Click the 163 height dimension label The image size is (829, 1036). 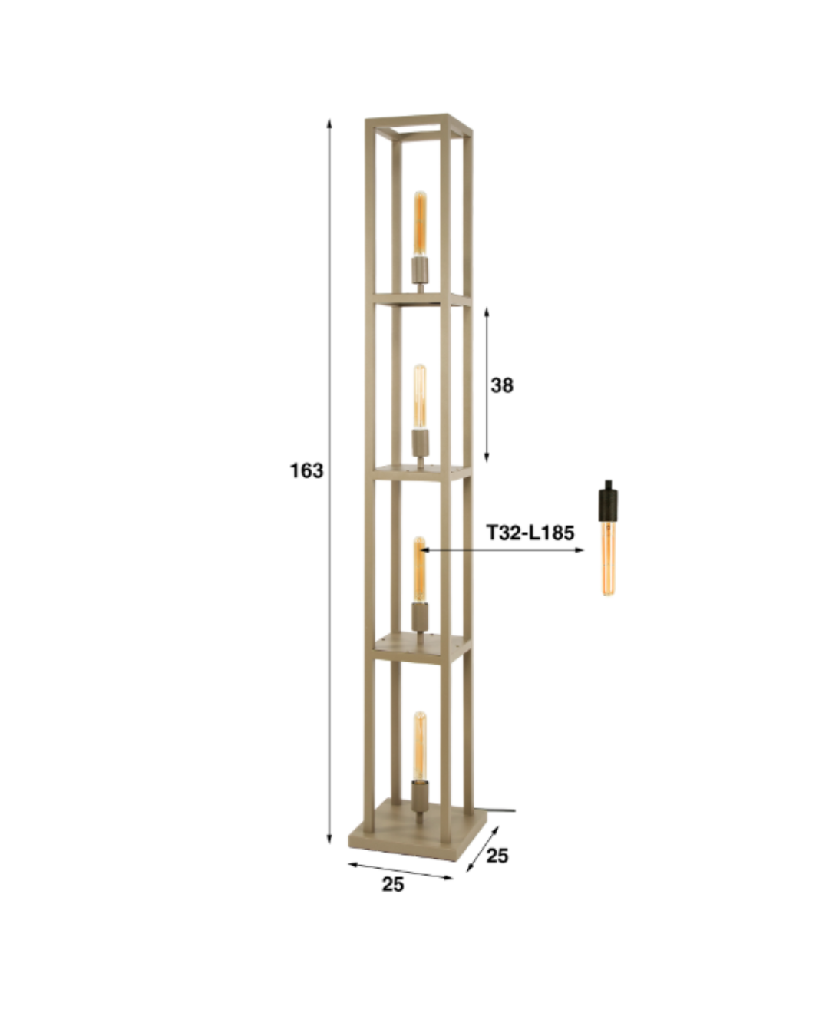coord(306,470)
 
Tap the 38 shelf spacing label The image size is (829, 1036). coord(502,385)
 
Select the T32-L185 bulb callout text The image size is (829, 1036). coord(530,533)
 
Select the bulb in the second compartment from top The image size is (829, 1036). coord(420,398)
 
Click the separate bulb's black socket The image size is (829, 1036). coord(609,500)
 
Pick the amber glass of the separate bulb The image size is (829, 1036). coord(609,559)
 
